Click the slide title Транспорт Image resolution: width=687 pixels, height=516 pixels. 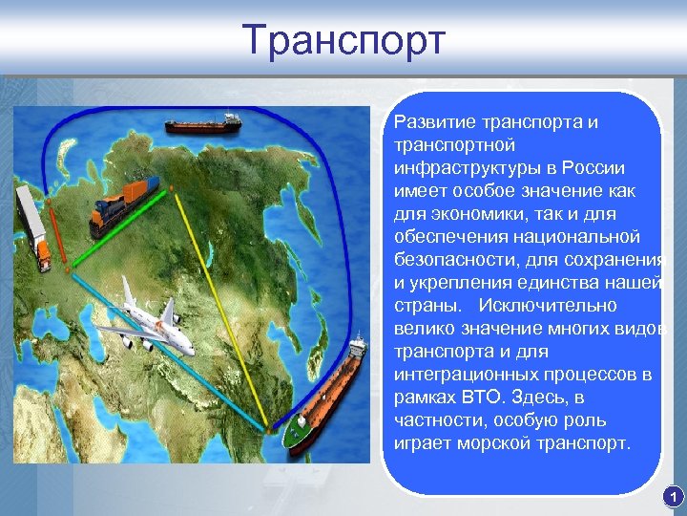pos(343,40)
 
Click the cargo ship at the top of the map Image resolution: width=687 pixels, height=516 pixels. pos(203,124)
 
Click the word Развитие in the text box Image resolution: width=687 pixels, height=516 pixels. pos(427,123)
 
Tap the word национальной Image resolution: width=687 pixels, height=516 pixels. pos(581,237)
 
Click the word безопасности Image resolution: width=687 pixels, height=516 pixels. pos(448,260)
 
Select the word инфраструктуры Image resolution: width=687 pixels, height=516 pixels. pos(463,168)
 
